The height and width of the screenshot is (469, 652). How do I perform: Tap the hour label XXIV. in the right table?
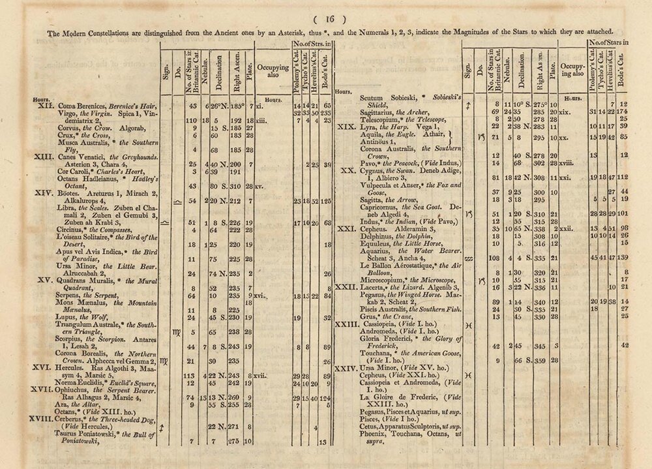345,369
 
